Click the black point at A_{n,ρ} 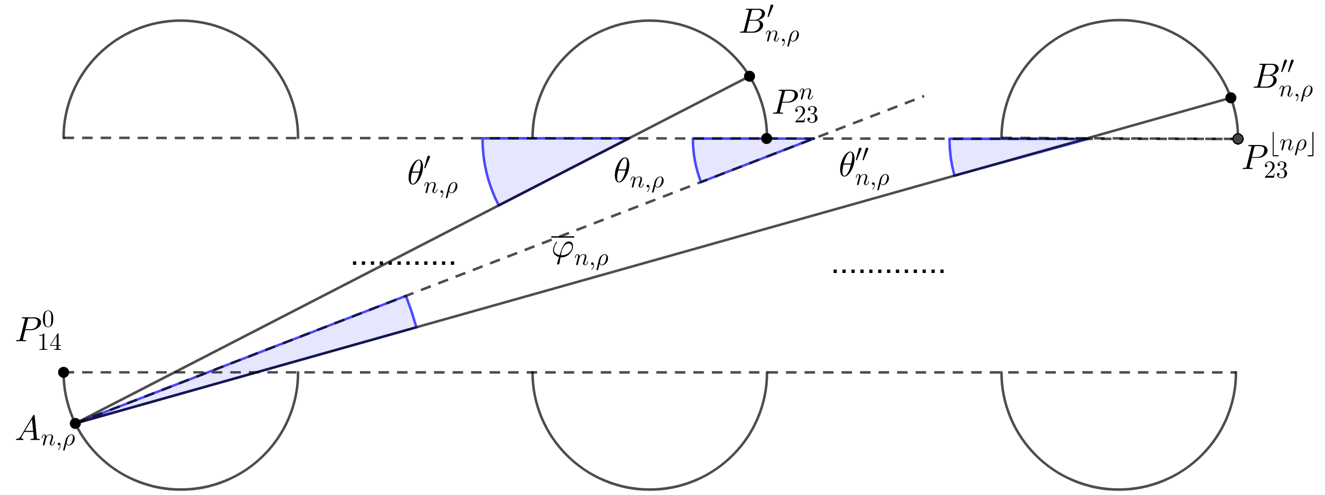click(75, 423)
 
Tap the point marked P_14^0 click(63, 372)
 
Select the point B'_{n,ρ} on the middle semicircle click(749, 76)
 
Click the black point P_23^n click(767, 138)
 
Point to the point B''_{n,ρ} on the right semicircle click(1231, 98)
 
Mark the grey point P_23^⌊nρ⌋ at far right click(1238, 139)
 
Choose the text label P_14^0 click(38, 334)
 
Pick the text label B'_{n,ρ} click(769, 29)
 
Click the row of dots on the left click(403, 263)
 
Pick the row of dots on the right click(888, 271)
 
